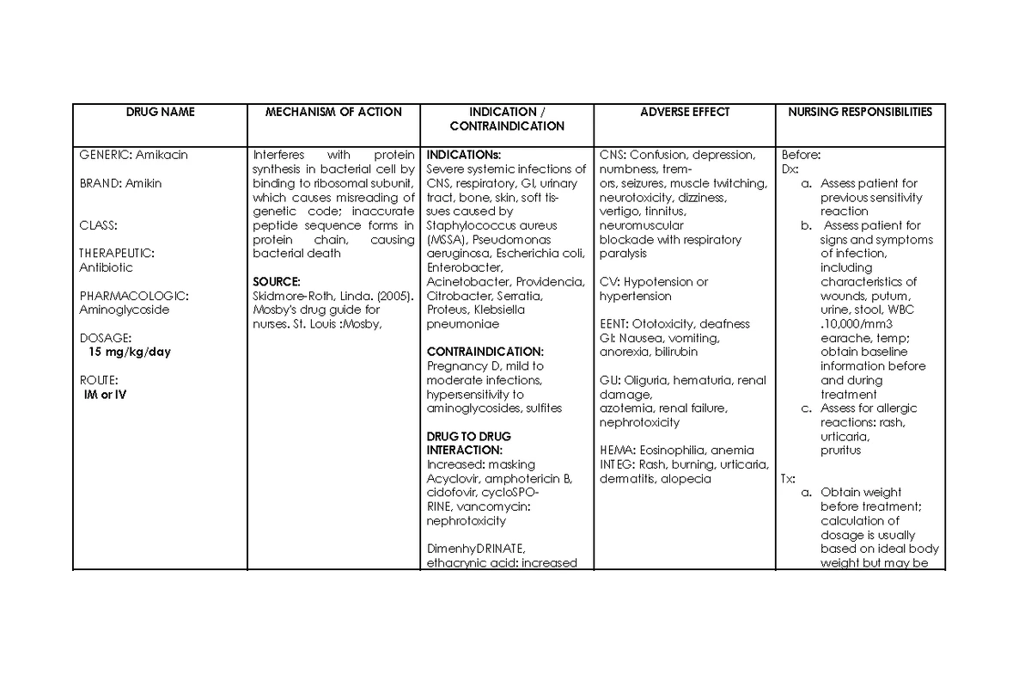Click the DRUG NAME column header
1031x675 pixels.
point(161,112)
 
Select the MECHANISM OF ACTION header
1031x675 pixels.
point(333,112)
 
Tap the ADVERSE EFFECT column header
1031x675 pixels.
point(685,112)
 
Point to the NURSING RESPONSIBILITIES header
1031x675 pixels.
point(860,112)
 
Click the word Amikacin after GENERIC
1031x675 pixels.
point(162,155)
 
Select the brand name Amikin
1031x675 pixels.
point(142,183)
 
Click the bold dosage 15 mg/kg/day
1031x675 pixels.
point(129,352)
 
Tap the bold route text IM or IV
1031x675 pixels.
point(104,394)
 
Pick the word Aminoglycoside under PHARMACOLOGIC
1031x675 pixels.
point(125,310)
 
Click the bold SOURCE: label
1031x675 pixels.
point(277,281)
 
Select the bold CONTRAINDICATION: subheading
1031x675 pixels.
point(485,352)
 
